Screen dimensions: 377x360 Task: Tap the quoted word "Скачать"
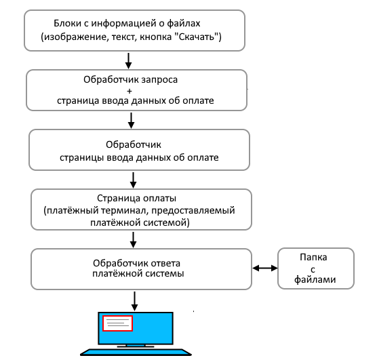click(x=197, y=37)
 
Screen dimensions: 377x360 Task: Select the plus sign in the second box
click(x=130, y=91)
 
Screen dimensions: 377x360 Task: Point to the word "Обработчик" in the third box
click(x=134, y=144)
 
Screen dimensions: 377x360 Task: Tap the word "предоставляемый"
click(x=193, y=210)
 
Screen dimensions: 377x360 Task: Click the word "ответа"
click(x=165, y=263)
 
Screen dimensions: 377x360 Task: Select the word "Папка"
click(x=313, y=258)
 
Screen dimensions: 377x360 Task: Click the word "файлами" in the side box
click(x=315, y=280)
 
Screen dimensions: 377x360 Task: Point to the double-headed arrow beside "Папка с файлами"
click(x=264, y=268)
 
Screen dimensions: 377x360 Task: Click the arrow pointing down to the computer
click(x=134, y=301)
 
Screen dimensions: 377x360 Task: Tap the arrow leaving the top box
click(x=128, y=61)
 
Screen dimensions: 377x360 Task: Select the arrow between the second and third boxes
click(x=131, y=121)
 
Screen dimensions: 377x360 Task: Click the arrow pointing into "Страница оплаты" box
click(x=133, y=180)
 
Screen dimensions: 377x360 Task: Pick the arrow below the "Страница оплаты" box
click(x=133, y=240)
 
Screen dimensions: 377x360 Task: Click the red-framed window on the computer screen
click(x=117, y=323)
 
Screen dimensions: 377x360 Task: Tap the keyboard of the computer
click(x=136, y=352)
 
